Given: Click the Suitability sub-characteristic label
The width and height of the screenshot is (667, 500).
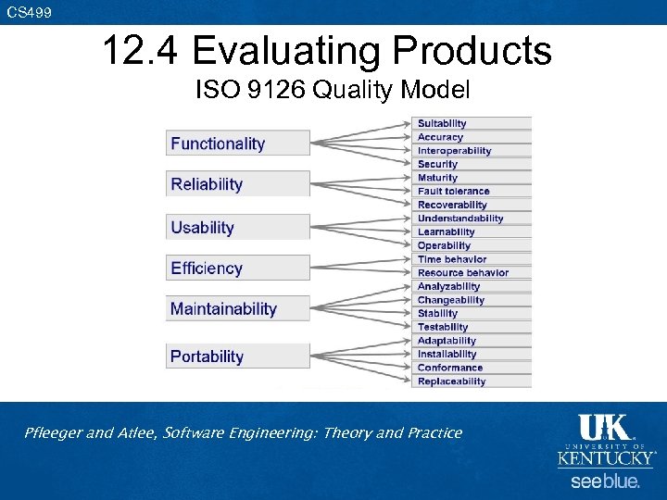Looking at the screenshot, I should pyautogui.click(x=442, y=123).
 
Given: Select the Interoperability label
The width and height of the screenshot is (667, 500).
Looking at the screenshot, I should pyautogui.click(x=454, y=151).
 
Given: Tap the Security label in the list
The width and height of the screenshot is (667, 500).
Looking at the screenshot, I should pyautogui.click(x=437, y=164).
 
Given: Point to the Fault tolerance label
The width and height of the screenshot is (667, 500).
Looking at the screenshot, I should pyautogui.click(x=453, y=192).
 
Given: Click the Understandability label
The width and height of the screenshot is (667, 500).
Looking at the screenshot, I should pyautogui.click(x=460, y=219).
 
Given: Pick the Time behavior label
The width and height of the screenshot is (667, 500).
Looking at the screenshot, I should pyautogui.click(x=451, y=259).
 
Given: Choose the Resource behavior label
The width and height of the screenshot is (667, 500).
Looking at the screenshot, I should pyautogui.click(x=462, y=273).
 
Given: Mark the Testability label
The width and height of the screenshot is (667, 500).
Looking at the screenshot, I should pyautogui.click(x=443, y=327).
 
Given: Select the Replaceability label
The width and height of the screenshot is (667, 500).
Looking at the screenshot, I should pyautogui.click(x=451, y=381).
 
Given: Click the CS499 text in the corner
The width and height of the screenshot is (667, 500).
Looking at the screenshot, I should pyautogui.click(x=30, y=12).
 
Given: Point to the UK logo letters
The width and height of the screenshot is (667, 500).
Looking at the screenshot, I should pyautogui.click(x=604, y=428).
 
